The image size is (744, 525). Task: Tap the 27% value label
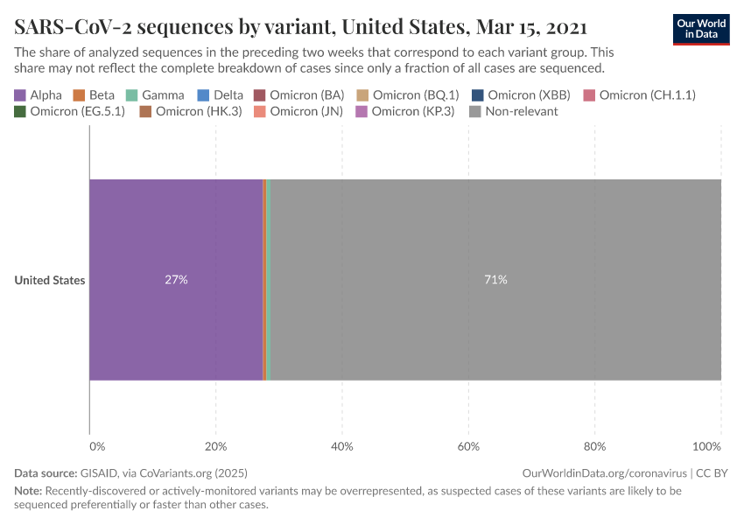[x=176, y=280]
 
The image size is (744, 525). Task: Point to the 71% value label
[x=495, y=280]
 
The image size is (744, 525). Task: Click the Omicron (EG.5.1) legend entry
[x=69, y=111]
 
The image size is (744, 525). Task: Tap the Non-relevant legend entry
[x=513, y=111]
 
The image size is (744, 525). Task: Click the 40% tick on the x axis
[x=342, y=447]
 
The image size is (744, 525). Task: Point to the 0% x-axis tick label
[x=96, y=447]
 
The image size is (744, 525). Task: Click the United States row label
[x=50, y=281]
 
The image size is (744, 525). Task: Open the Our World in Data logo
[x=701, y=29]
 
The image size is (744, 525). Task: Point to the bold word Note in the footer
[x=28, y=491]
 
